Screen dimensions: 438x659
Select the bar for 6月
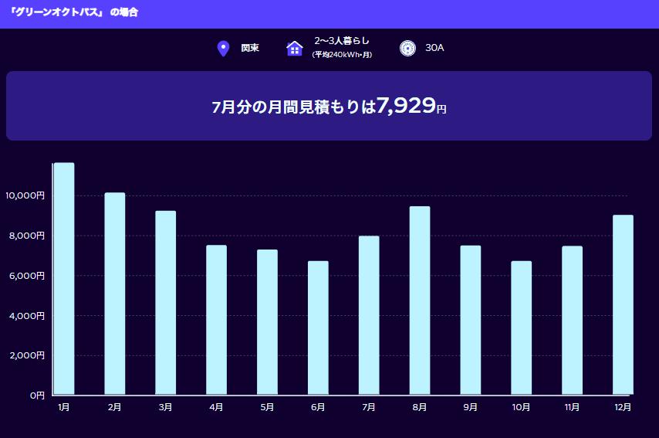click(318, 328)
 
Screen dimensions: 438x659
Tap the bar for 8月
click(420, 300)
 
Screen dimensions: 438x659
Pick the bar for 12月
click(623, 304)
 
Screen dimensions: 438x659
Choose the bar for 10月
click(521, 328)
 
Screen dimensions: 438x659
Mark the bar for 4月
click(216, 320)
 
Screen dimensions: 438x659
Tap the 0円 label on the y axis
click(37, 396)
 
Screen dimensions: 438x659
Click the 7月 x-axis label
click(369, 407)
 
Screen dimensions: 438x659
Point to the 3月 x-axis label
click(165, 407)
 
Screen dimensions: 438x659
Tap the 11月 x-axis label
click(572, 407)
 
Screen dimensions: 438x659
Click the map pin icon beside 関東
click(224, 49)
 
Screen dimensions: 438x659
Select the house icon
click(294, 49)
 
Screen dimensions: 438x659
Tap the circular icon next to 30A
click(408, 49)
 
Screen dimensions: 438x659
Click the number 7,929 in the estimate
click(406, 106)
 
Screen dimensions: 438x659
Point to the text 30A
click(434, 48)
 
